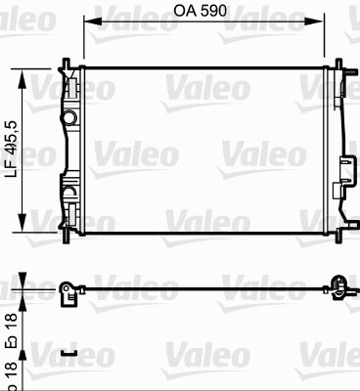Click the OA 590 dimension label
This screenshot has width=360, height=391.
tap(200, 11)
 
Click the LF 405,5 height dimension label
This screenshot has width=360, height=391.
tap(12, 150)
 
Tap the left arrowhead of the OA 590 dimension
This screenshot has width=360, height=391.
tap(93, 22)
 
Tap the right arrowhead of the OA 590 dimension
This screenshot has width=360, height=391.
tap(315, 22)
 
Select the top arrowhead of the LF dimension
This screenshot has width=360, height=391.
tap(22, 79)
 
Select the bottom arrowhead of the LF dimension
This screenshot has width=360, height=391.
tap(22, 223)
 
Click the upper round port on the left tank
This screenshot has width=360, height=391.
tap(69, 117)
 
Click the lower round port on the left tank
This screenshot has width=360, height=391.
tap(69, 193)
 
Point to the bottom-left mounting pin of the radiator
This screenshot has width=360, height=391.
tap(67, 238)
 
